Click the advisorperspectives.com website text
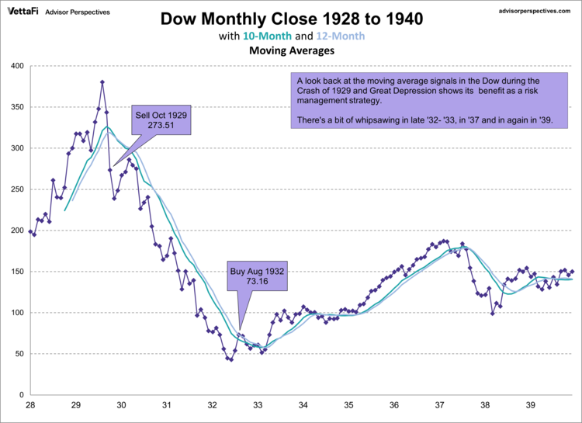click(x=532, y=12)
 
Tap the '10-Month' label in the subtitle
click(x=268, y=36)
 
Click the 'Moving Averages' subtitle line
click(x=293, y=51)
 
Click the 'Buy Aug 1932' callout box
click(x=258, y=277)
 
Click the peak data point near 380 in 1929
click(x=102, y=82)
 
